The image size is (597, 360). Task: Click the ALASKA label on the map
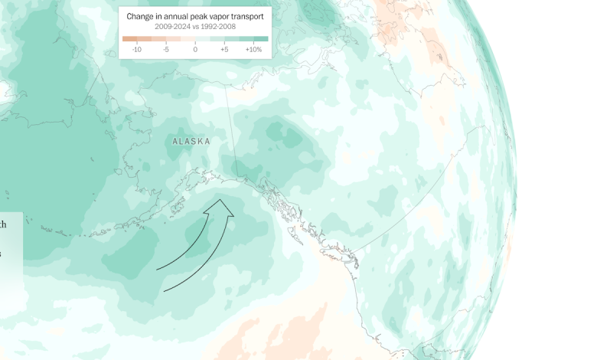click(x=191, y=142)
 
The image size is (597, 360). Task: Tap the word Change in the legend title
click(x=142, y=15)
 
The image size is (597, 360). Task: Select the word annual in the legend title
click(x=171, y=15)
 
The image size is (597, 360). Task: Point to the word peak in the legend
click(x=197, y=15)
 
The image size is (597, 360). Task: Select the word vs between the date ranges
click(x=195, y=26)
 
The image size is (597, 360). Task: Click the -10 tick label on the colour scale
click(x=137, y=50)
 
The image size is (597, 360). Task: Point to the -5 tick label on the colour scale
click(x=166, y=50)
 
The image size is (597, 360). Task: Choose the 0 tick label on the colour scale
click(x=195, y=50)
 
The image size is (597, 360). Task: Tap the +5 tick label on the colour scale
click(x=224, y=50)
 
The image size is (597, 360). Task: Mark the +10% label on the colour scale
click(x=253, y=50)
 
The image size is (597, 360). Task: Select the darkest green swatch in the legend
click(x=261, y=38)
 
